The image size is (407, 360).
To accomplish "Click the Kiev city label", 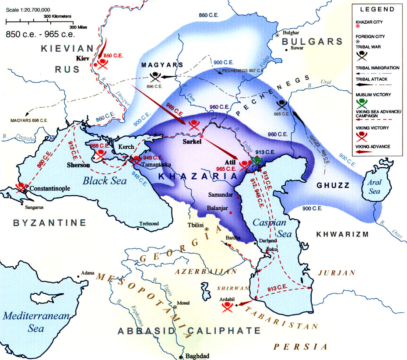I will pyautogui.click(x=82, y=57).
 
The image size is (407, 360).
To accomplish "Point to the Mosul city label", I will pyautogui.click(x=182, y=303).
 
